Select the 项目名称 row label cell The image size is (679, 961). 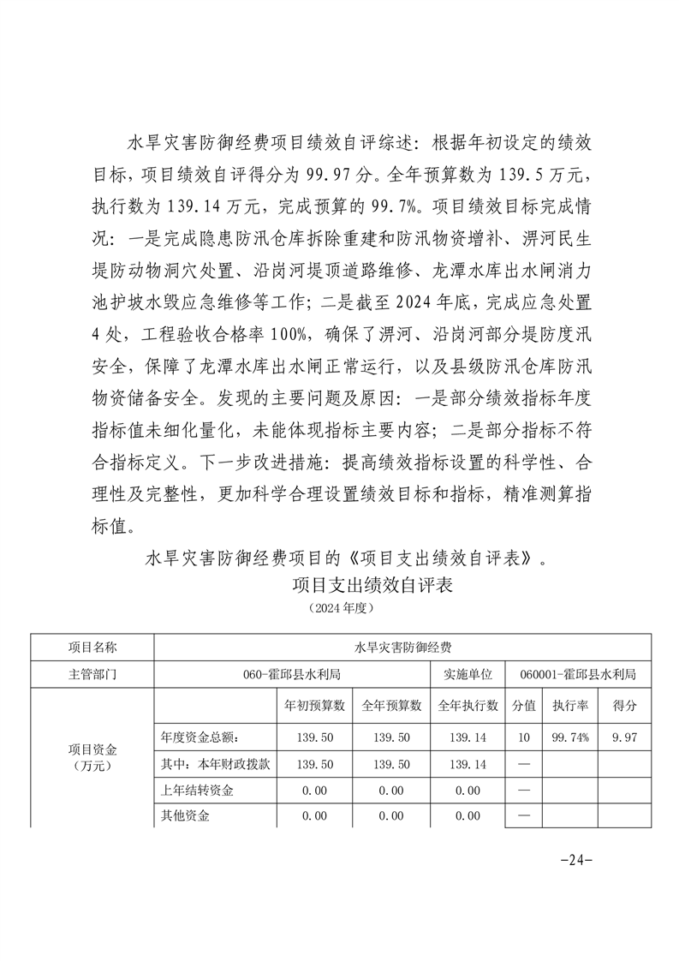click(92, 647)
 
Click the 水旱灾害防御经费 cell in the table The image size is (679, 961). click(402, 647)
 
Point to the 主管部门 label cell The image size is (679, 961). click(92, 674)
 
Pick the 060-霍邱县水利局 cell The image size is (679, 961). click(292, 674)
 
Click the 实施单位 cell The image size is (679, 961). click(468, 674)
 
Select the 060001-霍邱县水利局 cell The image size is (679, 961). click(578, 674)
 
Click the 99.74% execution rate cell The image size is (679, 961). click(569, 737)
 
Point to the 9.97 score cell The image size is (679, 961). click(624, 737)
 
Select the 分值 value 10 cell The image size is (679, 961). click(524, 737)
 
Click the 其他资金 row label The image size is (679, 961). click(185, 815)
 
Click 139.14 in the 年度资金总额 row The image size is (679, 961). click(468, 737)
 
